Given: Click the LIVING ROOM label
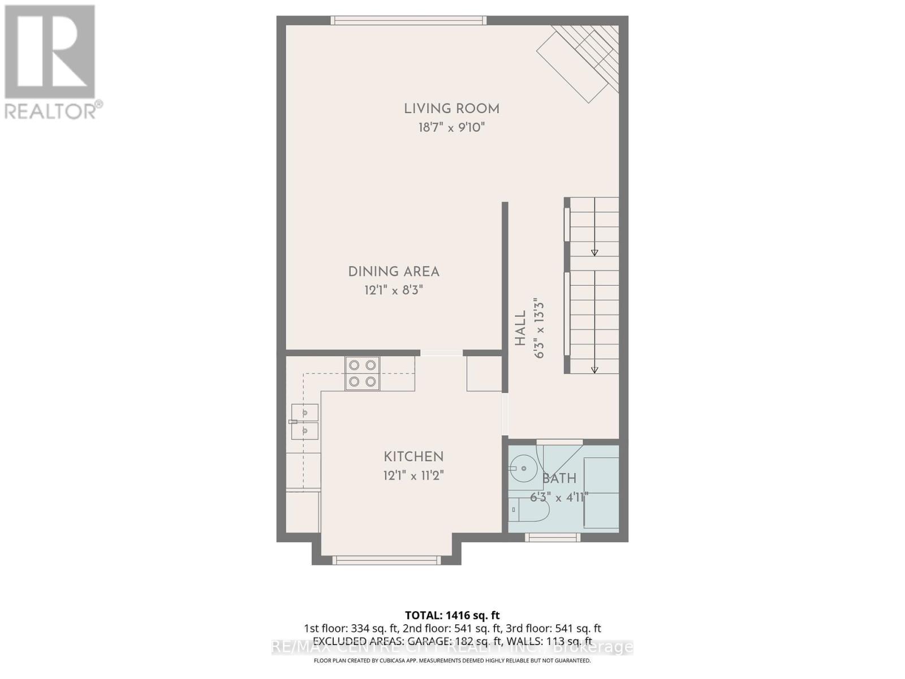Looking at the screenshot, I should [451, 109].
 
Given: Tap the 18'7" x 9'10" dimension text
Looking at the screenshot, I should [451, 127].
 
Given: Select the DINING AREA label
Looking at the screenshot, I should [394, 272].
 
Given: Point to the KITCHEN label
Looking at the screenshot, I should [413, 457].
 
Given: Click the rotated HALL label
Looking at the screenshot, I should [520, 328].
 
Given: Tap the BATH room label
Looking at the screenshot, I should [559, 479].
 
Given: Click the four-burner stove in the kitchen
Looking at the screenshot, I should [363, 373].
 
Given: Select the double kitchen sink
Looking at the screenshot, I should [305, 422].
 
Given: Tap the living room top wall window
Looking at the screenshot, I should [408, 20].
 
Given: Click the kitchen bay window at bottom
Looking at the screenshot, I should [386, 560].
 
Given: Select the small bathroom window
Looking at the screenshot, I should [553, 538].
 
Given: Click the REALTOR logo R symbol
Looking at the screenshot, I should [50, 52].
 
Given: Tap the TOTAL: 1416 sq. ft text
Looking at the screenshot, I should [452, 615].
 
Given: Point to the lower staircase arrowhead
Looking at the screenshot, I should [594, 370].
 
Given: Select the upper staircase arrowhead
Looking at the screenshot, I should [594, 253].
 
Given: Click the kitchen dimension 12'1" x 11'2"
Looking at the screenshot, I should [413, 475].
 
